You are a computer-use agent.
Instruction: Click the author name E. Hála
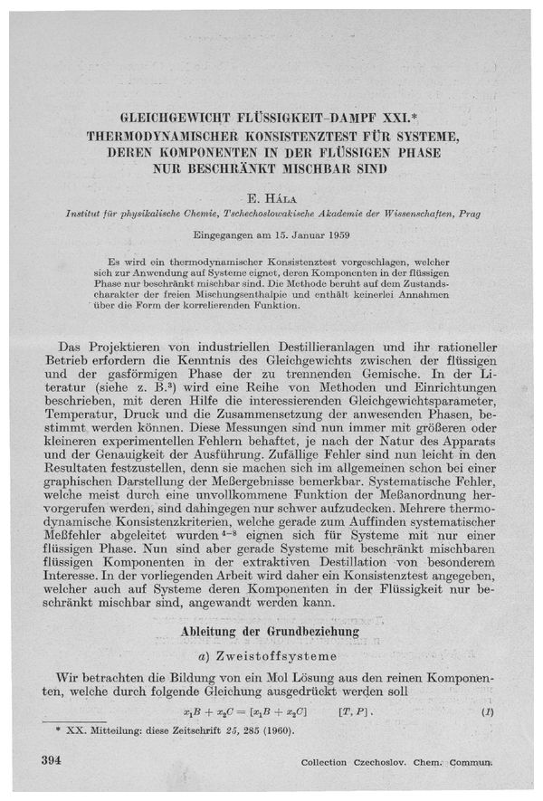[x=272, y=196]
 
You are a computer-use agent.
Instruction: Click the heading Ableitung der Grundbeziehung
[x=271, y=630]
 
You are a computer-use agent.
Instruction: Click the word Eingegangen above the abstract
[x=235, y=234]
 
